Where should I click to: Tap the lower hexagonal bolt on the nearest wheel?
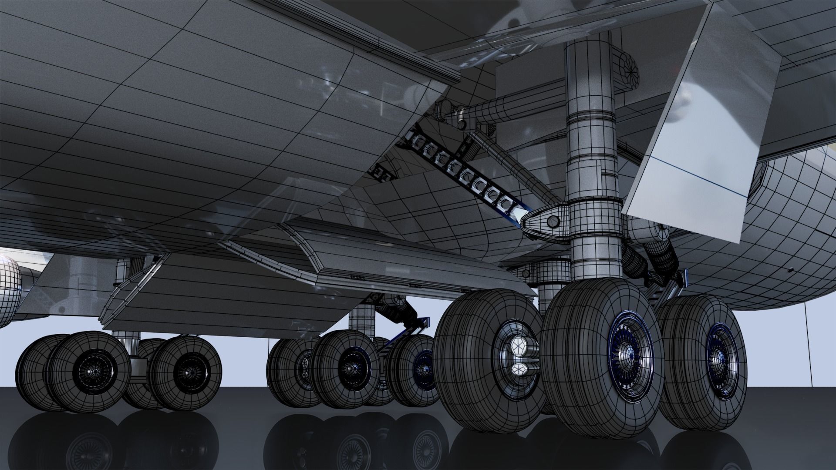pyautogui.click(x=518, y=369)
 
